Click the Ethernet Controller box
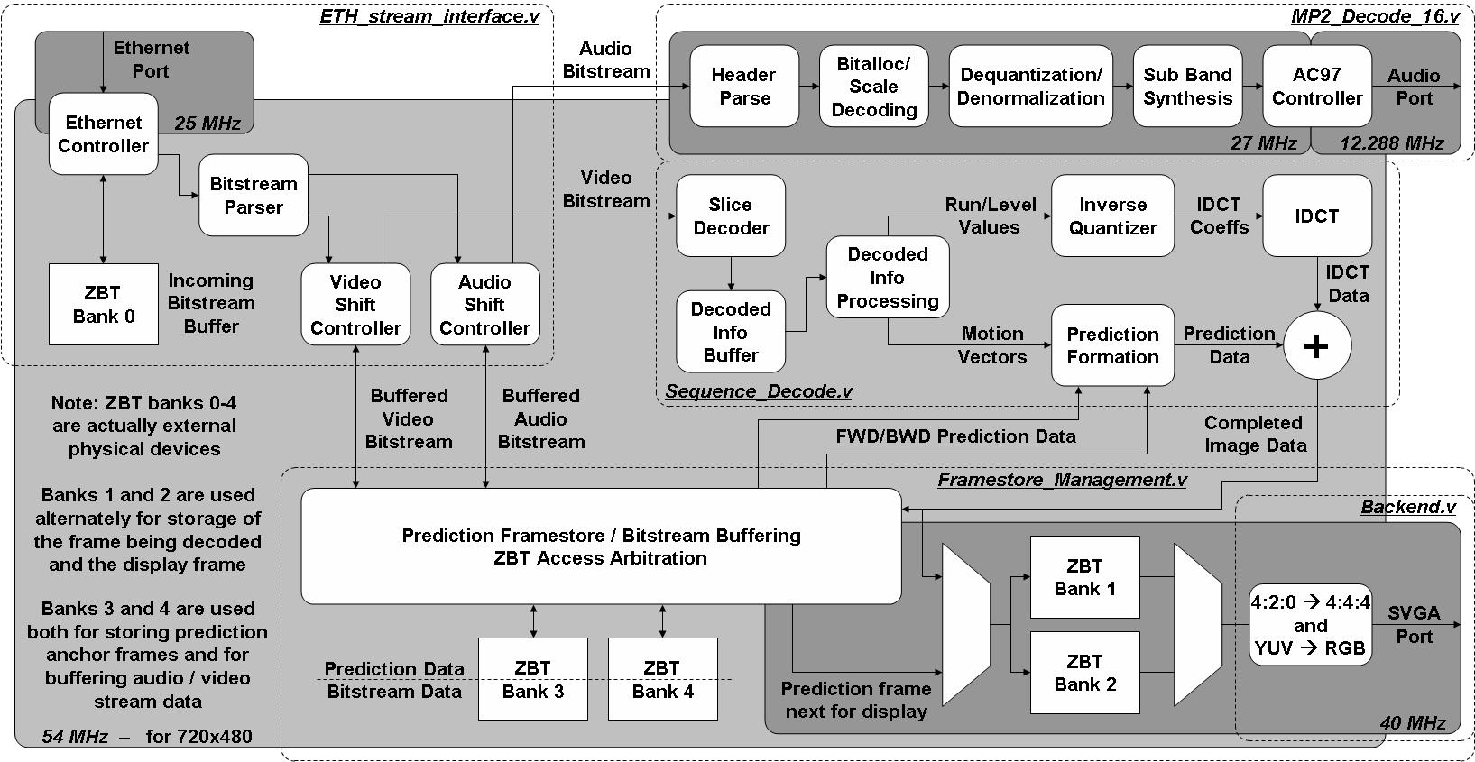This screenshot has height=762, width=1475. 104,133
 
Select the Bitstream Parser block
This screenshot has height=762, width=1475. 254,196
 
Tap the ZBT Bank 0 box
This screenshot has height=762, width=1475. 104,304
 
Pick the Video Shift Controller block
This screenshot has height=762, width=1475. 355,305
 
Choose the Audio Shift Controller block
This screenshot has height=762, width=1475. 485,305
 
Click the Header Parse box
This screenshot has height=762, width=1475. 744,87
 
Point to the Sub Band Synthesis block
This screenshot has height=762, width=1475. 1188,87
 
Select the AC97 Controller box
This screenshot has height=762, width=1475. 1317,87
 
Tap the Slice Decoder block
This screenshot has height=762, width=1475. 731,216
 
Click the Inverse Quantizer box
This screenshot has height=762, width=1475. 1113,216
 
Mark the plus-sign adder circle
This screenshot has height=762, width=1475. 1317,345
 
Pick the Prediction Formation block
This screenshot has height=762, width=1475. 1113,345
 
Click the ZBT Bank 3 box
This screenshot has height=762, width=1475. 532,679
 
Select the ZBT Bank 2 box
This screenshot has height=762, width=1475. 1085,673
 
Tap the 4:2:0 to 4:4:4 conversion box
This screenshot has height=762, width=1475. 1311,625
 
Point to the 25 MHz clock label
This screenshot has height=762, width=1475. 207,123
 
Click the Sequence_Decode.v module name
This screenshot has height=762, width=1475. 759,391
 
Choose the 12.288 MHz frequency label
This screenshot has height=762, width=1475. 1392,142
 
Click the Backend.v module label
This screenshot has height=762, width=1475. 1408,507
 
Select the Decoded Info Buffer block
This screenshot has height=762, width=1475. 731,333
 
